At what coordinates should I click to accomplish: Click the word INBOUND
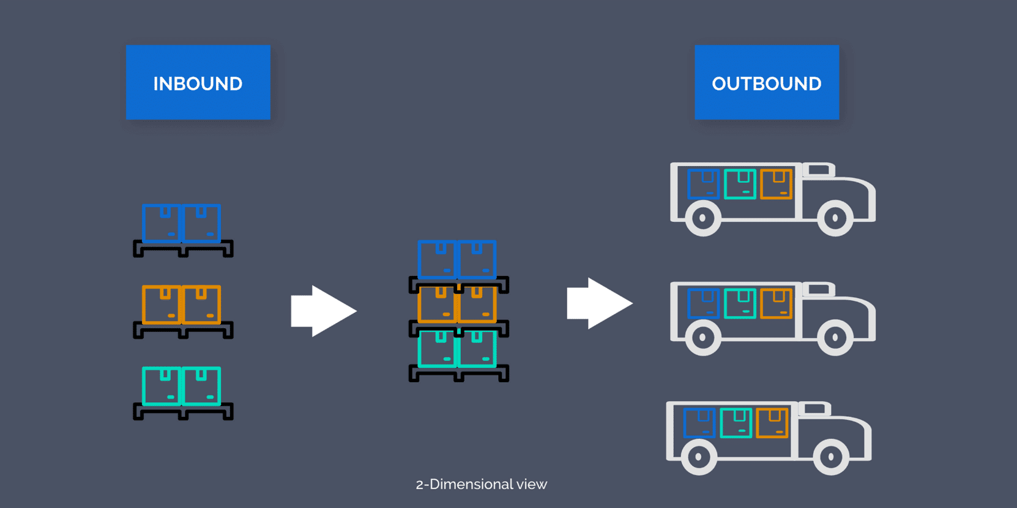tap(198, 83)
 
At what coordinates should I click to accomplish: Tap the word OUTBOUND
tap(766, 83)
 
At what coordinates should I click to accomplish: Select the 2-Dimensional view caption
tap(481, 484)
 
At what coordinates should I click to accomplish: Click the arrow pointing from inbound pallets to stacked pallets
tap(323, 311)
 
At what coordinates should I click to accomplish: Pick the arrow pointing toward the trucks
tap(599, 303)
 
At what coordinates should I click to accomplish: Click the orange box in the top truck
tap(776, 184)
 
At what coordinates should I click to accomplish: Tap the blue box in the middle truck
tap(703, 304)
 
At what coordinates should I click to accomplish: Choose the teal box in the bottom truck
tap(736, 423)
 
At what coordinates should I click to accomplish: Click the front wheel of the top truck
tap(835, 218)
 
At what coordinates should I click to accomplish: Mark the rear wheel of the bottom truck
tap(698, 457)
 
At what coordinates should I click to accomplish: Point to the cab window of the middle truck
tap(819, 289)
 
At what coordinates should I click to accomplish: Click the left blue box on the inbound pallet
tap(162, 224)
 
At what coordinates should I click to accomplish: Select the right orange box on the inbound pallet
tap(202, 304)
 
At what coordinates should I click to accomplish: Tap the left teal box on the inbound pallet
tap(162, 386)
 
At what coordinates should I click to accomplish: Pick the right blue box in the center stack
tap(477, 260)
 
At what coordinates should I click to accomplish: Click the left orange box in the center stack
tap(437, 304)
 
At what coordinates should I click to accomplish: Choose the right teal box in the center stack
tap(477, 350)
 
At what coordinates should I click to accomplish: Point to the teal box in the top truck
tap(740, 184)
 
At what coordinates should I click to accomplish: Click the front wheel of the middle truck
tap(835, 337)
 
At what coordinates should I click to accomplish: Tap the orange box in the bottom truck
tap(772, 423)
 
